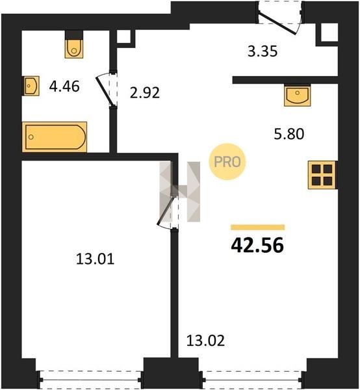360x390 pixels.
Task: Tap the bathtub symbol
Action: [55, 136]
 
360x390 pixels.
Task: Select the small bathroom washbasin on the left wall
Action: [32, 86]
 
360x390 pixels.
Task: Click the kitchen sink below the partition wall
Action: [298, 96]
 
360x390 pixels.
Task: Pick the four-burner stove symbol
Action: [322, 175]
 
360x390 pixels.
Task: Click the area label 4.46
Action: [64, 86]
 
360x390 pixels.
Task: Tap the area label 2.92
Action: [145, 93]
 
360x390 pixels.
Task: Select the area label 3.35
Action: [263, 51]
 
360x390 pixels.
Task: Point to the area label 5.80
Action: [289, 134]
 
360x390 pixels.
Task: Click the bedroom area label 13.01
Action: [96, 259]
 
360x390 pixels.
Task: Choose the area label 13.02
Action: [205, 341]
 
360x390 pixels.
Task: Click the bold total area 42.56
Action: [257, 245]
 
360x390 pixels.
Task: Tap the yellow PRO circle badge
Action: [227, 162]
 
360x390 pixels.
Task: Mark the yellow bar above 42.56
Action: [257, 227]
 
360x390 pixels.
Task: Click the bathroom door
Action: [105, 90]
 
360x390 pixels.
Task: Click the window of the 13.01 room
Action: [90, 380]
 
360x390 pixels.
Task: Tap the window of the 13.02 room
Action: [253, 380]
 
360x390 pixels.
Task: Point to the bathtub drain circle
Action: [31, 136]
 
